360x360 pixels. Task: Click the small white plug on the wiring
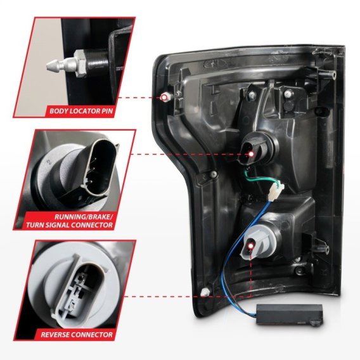pos(276,190)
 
